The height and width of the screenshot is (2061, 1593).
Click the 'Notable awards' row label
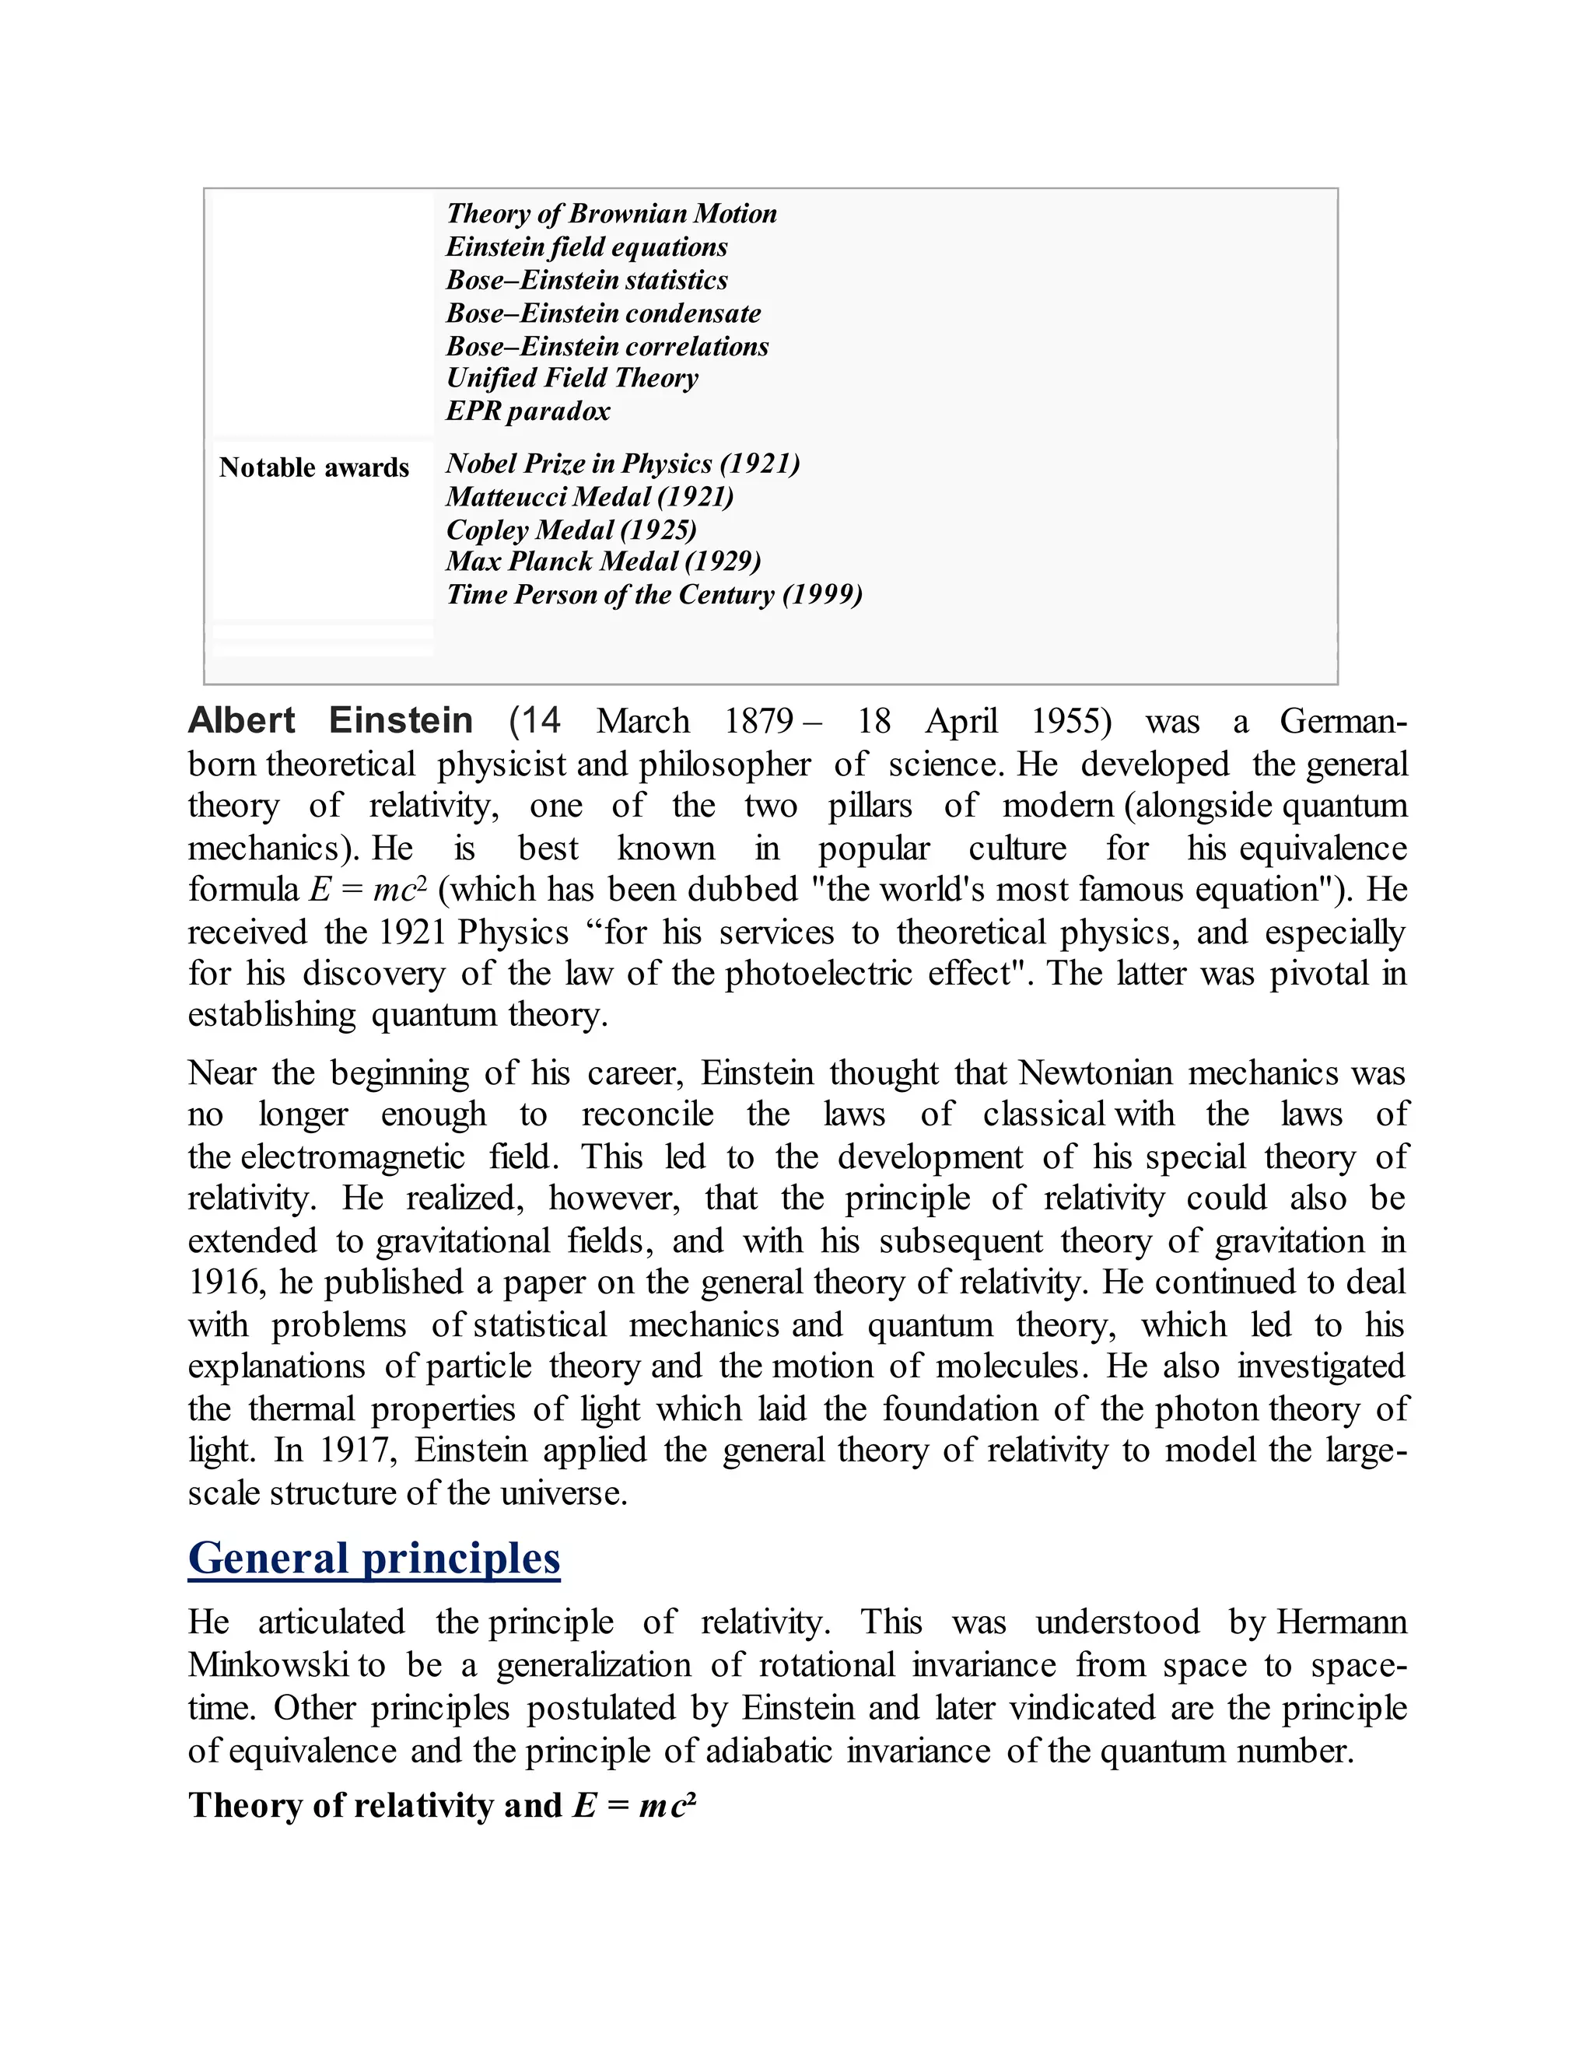[313, 467]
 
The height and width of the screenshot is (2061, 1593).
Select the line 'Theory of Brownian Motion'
[611, 213]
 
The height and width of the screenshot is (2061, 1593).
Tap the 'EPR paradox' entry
[527, 411]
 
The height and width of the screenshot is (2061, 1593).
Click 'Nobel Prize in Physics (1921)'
[622, 464]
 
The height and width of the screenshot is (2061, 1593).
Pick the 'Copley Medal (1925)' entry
[571, 530]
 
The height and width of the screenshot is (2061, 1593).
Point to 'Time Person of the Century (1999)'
[654, 594]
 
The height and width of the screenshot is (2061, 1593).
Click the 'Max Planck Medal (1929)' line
[603, 562]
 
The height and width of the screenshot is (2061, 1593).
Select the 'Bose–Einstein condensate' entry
[603, 313]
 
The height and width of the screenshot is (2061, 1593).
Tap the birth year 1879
[758, 722]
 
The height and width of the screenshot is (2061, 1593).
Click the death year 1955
[1070, 722]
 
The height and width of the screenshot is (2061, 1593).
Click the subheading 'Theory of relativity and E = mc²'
[442, 1805]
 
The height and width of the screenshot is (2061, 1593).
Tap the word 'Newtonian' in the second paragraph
[1094, 1074]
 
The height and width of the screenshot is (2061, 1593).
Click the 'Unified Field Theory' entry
[572, 379]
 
